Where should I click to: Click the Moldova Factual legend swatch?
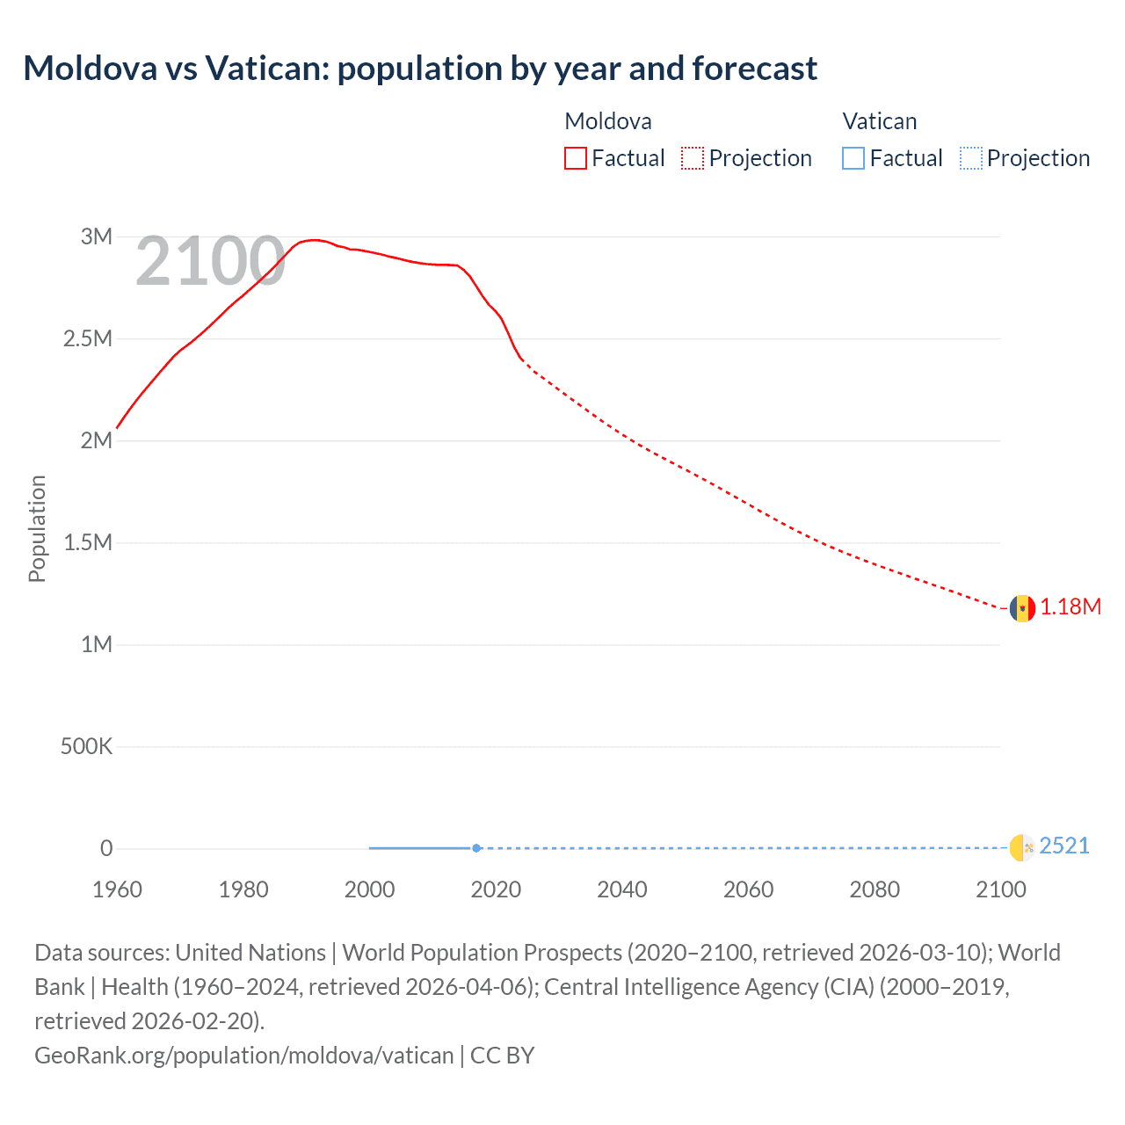tap(575, 158)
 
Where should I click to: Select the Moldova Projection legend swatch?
tap(693, 158)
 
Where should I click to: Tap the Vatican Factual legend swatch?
tap(853, 158)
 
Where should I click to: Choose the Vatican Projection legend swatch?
tap(970, 158)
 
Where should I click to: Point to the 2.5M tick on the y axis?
tap(88, 338)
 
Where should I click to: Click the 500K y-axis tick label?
tap(86, 746)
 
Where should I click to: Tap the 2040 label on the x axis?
tap(622, 889)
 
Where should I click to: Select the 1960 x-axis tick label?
tap(117, 889)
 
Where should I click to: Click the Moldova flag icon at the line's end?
tap(1022, 607)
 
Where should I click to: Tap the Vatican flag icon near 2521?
tap(1022, 847)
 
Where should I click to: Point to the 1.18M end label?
tap(1071, 607)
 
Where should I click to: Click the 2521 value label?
tap(1064, 846)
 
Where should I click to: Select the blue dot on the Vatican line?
tap(476, 848)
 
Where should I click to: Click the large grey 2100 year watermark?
tap(210, 261)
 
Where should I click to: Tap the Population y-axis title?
tap(36, 528)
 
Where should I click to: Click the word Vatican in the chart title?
tap(265, 68)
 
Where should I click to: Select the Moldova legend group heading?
tap(607, 121)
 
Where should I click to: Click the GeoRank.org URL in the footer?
tap(243, 1055)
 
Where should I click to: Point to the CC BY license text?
tap(502, 1055)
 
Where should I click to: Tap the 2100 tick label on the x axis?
tap(1000, 889)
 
